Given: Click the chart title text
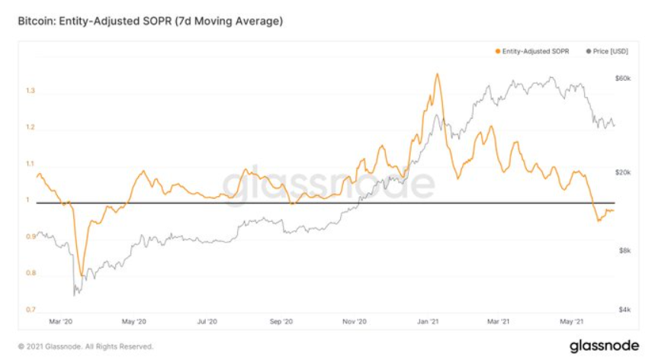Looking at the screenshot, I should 150,21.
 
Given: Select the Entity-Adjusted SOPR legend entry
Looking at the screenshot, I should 533,51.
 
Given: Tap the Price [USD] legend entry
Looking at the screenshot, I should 608,51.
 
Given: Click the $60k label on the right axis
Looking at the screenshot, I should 623,79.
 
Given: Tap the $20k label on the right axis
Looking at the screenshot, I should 623,172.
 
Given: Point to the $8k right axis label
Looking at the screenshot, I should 623,250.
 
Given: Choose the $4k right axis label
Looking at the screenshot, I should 623,310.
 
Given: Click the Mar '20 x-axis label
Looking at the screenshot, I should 59,322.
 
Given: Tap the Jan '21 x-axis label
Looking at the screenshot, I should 429,322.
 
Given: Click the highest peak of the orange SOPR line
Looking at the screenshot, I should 436,74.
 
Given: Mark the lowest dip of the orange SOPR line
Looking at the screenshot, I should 81,276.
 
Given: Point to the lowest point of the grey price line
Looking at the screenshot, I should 74,294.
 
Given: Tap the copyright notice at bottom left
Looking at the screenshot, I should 85,346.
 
